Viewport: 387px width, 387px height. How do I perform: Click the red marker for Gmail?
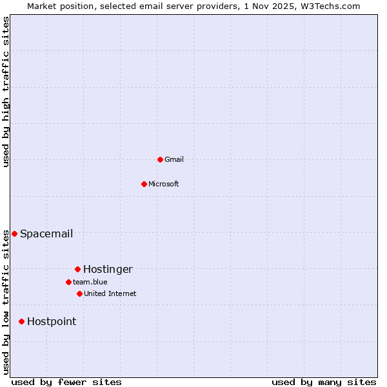[160, 159]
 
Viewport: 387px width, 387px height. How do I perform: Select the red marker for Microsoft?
[144, 184]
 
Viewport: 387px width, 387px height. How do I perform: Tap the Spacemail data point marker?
[14, 233]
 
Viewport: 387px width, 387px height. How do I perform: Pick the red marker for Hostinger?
[77, 269]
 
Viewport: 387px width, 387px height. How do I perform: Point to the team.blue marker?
[68, 282]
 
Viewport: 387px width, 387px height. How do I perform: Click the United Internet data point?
[79, 293]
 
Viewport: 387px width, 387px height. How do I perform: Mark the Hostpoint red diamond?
[21, 321]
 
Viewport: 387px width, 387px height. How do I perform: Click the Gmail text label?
[174, 159]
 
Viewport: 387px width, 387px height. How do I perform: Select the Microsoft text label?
[164, 184]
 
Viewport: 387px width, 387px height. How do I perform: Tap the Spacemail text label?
[46, 233]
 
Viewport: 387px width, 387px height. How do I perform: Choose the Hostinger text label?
[108, 269]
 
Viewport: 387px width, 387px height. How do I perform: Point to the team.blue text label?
[90, 282]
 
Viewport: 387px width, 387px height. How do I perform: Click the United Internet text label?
[110, 293]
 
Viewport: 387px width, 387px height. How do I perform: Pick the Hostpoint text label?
[52, 321]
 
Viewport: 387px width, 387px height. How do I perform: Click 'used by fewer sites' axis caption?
[66, 382]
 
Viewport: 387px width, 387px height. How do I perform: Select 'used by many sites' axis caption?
[324, 382]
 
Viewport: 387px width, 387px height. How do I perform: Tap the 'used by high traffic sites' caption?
[6, 92]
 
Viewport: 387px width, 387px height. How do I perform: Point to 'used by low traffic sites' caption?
[6, 302]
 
